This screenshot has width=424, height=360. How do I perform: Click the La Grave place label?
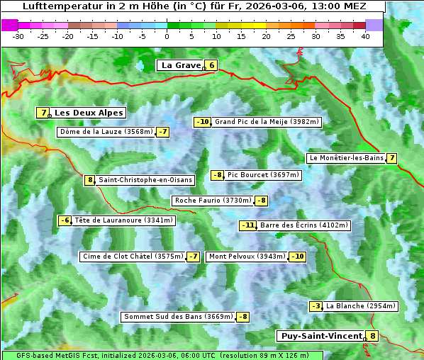(x=181, y=65)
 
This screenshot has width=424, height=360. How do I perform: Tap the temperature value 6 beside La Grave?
(x=211, y=66)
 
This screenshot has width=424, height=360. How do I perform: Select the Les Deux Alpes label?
(x=89, y=113)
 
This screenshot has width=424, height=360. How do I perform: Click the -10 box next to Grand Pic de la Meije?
(x=203, y=122)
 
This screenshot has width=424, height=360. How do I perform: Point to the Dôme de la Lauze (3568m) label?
(x=106, y=132)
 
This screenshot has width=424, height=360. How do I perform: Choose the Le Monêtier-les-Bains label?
(x=345, y=158)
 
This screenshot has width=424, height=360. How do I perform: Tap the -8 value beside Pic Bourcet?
(x=218, y=175)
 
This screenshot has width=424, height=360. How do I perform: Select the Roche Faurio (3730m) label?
(x=213, y=201)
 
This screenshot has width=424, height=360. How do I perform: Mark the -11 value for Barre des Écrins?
(x=247, y=225)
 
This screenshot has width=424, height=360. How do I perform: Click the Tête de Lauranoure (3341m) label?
(x=123, y=220)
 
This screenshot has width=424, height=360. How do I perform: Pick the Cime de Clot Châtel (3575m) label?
(x=133, y=257)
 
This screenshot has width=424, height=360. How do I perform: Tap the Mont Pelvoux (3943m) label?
(x=247, y=257)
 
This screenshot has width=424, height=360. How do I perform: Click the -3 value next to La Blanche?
(x=316, y=306)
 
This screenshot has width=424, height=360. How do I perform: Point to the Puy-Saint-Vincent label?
(x=321, y=336)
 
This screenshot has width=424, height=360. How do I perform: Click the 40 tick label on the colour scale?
(x=365, y=35)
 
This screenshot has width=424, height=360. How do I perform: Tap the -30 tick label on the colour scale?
(x=18, y=35)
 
